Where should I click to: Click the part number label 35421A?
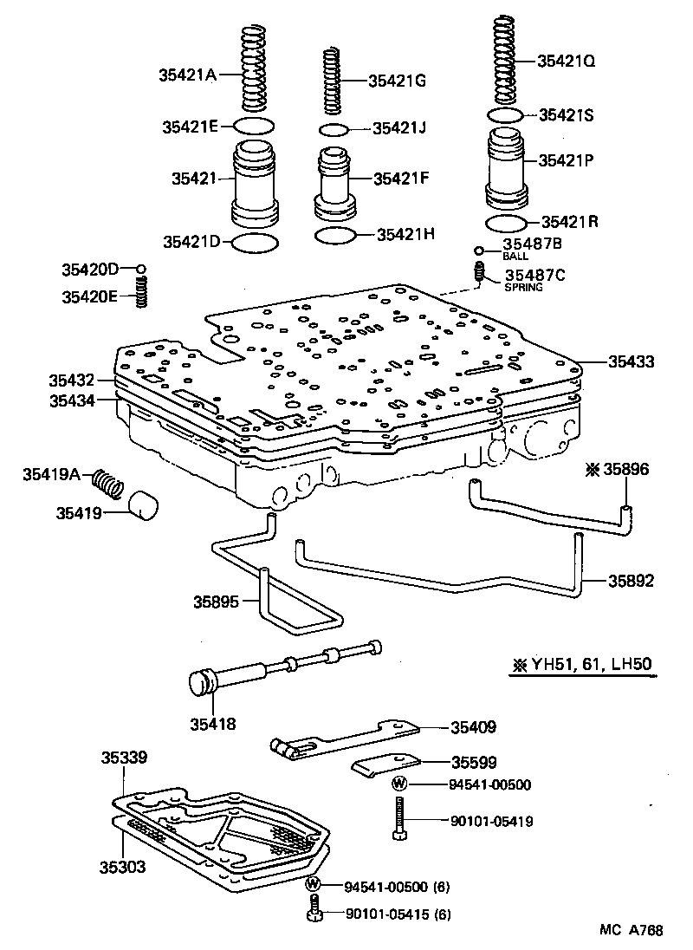[187, 75]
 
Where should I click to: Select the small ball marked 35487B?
[478, 251]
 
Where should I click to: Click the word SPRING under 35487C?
[522, 287]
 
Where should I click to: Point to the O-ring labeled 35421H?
[335, 236]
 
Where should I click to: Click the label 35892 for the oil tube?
[631, 580]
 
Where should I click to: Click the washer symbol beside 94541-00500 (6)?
[314, 885]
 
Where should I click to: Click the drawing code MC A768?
[631, 930]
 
